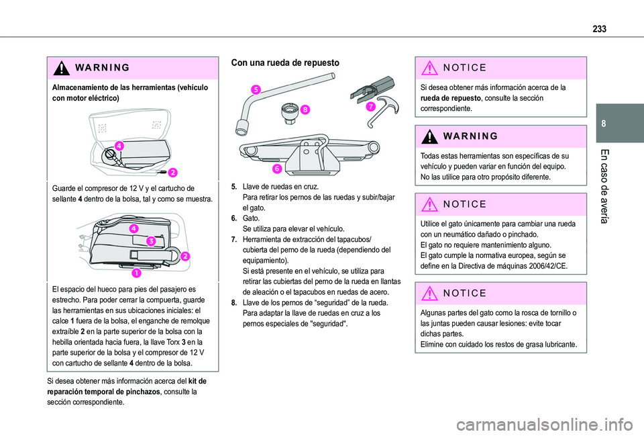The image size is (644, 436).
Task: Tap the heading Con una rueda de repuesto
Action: coord(285,62)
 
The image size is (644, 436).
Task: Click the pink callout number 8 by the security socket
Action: coord(305,108)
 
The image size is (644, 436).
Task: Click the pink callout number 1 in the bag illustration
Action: coord(136,272)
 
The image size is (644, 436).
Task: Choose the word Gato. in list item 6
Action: coord(252,218)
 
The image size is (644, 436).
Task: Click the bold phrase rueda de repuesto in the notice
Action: coord(448,97)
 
